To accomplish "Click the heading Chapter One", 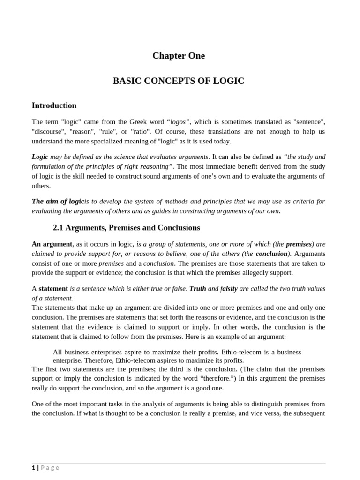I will [179, 56].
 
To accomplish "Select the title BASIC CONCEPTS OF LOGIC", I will [179, 81].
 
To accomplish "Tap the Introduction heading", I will [54, 105].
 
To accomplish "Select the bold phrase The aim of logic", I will [58, 201].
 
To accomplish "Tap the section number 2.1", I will [58, 228].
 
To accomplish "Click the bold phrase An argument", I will [52, 244].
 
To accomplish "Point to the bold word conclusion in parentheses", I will [272, 254].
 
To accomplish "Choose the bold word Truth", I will [197, 288].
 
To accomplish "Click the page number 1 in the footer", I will [33, 467].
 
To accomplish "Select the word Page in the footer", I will [50, 467].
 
